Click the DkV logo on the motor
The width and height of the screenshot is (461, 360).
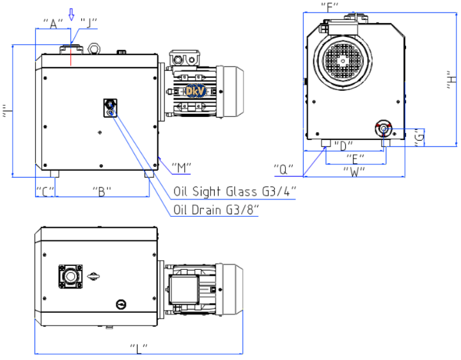[x=196, y=91]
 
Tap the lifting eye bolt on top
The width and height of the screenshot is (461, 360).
[x=95, y=49]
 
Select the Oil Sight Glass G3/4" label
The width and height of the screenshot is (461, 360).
[x=235, y=192]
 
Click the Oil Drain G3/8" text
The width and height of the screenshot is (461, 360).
[x=216, y=210]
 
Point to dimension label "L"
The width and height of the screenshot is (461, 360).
[x=139, y=348]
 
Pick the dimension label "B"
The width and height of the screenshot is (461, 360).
[x=102, y=191]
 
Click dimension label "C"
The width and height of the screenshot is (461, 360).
[x=45, y=191]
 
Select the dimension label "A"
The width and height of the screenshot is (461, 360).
[x=53, y=24]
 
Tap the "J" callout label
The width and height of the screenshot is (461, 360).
[x=88, y=23]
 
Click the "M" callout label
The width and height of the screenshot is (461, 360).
[x=182, y=168]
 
